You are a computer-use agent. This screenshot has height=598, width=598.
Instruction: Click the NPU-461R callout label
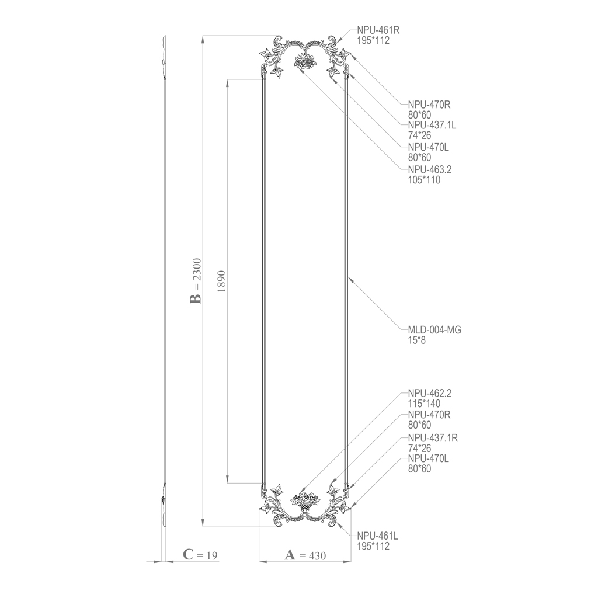click(382, 30)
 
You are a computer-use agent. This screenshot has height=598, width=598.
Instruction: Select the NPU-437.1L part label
click(433, 125)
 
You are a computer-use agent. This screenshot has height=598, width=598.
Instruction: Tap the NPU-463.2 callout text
click(430, 169)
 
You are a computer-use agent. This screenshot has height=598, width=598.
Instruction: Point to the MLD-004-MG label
click(434, 330)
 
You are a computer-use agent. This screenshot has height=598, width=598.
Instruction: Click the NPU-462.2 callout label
click(430, 393)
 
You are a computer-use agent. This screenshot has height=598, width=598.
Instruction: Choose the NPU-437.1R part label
click(433, 438)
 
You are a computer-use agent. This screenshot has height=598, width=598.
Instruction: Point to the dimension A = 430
click(305, 555)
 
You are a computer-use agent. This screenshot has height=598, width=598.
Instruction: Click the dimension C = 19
click(200, 555)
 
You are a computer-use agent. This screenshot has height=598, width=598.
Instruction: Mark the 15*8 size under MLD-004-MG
click(417, 340)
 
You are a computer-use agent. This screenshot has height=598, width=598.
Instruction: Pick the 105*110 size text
click(424, 180)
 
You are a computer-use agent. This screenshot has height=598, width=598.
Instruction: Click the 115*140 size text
click(424, 404)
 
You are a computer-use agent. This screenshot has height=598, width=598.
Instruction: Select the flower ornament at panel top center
click(304, 61)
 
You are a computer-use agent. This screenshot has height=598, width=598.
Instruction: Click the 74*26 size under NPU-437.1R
click(419, 448)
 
